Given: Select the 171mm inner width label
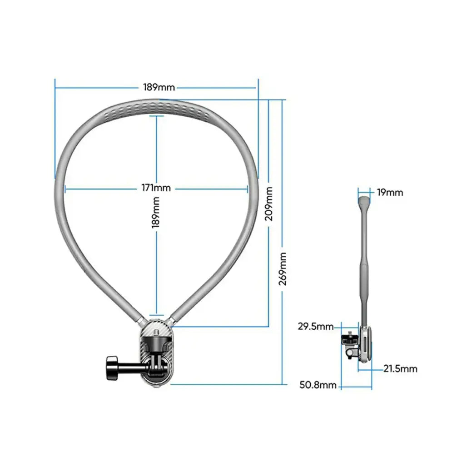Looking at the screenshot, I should coord(156,188).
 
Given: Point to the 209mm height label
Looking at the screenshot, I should coord(269,203).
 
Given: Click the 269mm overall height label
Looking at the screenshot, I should coord(283,269).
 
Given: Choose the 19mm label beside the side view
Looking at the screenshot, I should coord(390,192).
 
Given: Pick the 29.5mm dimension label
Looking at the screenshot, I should coord(316,326).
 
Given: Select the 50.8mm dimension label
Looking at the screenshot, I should coord(318,385).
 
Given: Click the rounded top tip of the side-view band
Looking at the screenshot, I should coord(363,200).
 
